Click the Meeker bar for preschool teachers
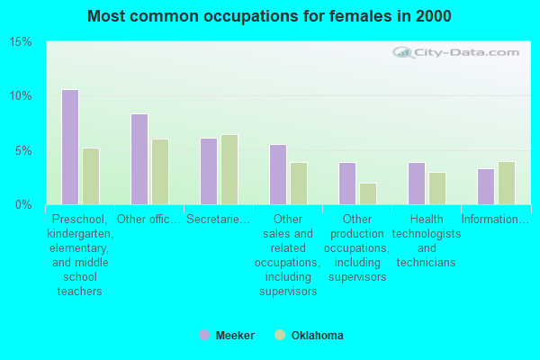pos(70,147)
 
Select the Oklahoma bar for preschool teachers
pos(91,176)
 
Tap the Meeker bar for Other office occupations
pos(139,159)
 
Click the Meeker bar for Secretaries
pos(209,171)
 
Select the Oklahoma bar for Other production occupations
pos(368,193)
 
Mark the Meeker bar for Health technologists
pos(417,184)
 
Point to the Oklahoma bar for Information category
pos(507,183)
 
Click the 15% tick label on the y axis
pos(21,42)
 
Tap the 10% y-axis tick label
pos(21,96)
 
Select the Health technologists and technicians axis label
pos(427,241)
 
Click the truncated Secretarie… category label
pos(219,220)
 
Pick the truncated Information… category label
pos(496,220)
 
